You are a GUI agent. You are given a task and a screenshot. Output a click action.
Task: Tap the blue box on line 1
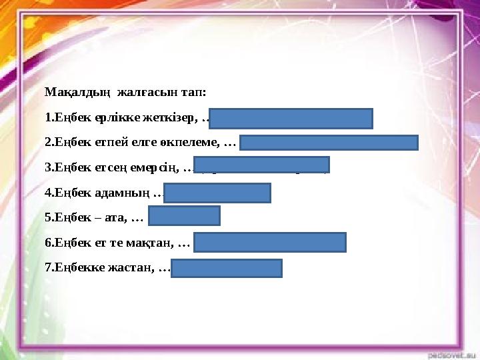(291, 118)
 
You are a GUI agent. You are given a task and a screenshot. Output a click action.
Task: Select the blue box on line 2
(329, 143)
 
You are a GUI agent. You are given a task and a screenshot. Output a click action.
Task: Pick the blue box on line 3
(262, 165)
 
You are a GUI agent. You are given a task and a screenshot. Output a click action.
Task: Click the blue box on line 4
(217, 193)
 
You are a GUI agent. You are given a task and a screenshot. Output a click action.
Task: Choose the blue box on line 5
(184, 216)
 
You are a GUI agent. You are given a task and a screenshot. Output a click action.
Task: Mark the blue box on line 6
(270, 242)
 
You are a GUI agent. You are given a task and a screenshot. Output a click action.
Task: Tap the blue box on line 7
(227, 268)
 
